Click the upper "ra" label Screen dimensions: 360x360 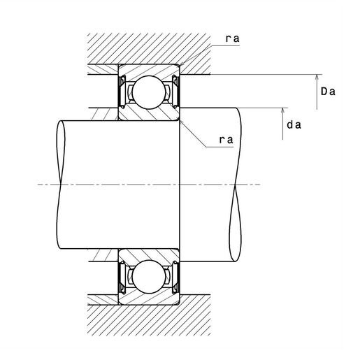click(x=232, y=38)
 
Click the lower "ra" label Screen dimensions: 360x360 click(x=226, y=140)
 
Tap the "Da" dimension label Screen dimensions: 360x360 click(x=328, y=92)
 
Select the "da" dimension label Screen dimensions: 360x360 click(x=294, y=125)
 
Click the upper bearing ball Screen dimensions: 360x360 click(x=148, y=92)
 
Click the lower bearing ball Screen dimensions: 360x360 click(x=148, y=277)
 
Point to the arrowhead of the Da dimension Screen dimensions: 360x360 click(x=317, y=78)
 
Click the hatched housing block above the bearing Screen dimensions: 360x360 click(x=149, y=48)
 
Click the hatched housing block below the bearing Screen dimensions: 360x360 click(x=149, y=320)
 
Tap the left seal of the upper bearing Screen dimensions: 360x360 click(x=122, y=91)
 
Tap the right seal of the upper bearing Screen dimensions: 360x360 click(x=175, y=91)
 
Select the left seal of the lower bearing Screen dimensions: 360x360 click(x=122, y=278)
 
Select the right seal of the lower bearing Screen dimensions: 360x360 click(x=175, y=278)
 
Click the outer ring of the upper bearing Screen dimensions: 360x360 click(x=149, y=69)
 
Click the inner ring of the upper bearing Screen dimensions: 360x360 click(x=149, y=115)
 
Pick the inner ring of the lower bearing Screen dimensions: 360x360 click(x=149, y=254)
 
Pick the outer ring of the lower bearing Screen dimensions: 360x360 click(x=149, y=299)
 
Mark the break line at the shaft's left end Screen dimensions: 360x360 click(x=61, y=185)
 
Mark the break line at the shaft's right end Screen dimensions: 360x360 click(x=236, y=185)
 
